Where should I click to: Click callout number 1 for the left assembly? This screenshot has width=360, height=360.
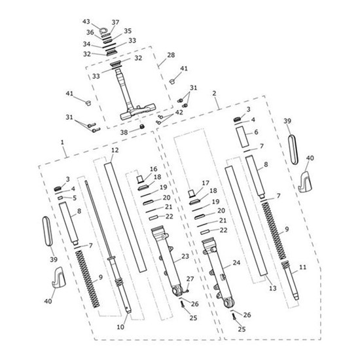(62, 142)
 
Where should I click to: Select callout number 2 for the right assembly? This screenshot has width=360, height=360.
(215, 94)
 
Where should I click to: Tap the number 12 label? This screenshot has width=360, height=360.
(115, 151)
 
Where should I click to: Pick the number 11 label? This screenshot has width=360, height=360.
(302, 268)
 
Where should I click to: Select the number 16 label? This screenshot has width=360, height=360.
(154, 169)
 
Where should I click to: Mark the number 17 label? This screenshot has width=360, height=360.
(206, 183)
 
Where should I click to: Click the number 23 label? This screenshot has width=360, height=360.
(185, 256)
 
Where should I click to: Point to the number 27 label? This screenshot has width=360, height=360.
(190, 279)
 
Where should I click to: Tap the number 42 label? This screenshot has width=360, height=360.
(179, 113)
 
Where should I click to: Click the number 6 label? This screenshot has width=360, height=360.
(256, 132)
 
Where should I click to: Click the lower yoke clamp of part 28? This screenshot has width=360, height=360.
(137, 113)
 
